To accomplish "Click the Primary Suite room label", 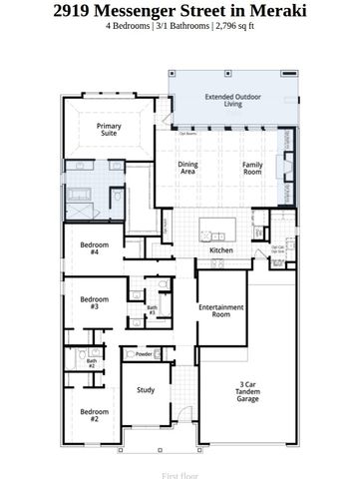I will pos(109,131).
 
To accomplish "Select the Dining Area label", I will pos(187,168).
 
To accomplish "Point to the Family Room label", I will pos(254,168).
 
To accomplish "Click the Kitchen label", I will pos(221,250).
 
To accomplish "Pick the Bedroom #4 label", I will pos(94,248).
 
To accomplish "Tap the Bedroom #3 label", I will pos(94,302).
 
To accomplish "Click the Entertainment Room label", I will pos(221,310).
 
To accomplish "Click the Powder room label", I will pos(144,353).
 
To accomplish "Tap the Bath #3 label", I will pos(153,310).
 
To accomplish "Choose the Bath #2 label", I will pos(91,363).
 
